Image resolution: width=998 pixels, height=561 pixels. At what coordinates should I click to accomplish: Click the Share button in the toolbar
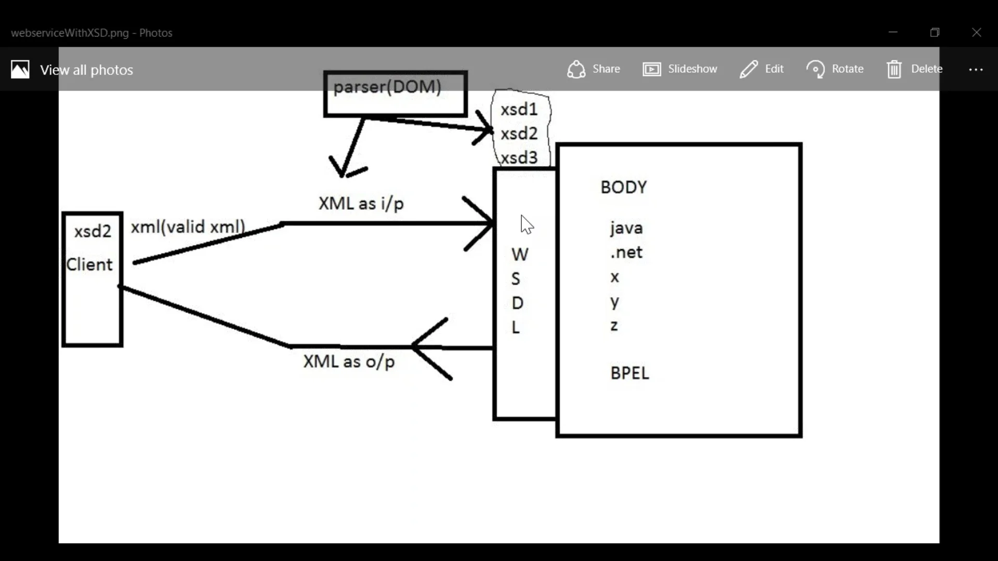(594, 69)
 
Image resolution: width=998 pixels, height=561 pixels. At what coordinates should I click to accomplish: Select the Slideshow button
(680, 69)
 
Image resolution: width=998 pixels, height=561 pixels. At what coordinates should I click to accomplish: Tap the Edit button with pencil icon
(761, 69)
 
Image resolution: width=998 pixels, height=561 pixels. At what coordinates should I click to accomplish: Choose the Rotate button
(835, 69)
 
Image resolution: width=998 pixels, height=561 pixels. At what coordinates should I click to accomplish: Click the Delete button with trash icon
(915, 69)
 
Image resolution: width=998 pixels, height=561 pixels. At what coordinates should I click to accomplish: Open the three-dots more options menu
(976, 70)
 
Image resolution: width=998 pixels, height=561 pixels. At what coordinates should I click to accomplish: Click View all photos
(73, 70)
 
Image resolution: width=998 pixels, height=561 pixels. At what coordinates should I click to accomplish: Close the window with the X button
(976, 33)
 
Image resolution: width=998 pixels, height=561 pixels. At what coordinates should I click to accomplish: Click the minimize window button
(893, 33)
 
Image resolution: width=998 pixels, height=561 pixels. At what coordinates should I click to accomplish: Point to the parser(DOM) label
(387, 87)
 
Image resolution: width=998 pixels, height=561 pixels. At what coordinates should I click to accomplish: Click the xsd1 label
(519, 110)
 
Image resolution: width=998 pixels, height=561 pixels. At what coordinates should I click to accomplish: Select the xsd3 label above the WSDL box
(519, 158)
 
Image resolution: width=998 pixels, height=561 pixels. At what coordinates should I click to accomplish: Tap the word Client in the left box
(89, 265)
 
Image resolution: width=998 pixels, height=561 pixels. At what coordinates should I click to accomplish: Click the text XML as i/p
(361, 204)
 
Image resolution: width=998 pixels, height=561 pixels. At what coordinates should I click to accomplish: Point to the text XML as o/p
(349, 362)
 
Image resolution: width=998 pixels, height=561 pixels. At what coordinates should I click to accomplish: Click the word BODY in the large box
(624, 188)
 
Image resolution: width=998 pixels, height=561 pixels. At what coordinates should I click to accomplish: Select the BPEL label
(629, 373)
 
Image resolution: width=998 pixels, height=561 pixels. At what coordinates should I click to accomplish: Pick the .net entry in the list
(626, 252)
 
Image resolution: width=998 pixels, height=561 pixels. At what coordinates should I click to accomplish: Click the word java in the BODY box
(626, 228)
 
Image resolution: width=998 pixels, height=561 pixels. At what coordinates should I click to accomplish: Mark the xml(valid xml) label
(188, 227)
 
